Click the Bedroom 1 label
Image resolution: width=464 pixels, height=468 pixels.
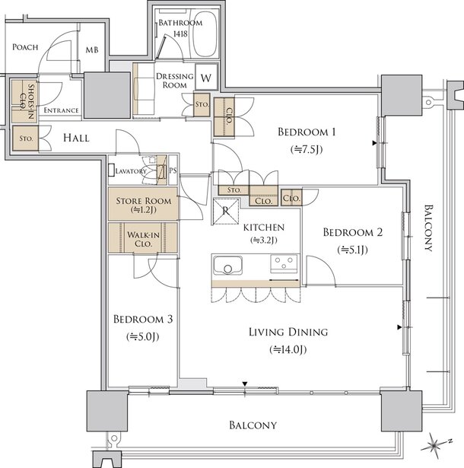point(307,132)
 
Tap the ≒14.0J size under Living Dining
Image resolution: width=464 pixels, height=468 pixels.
point(288,349)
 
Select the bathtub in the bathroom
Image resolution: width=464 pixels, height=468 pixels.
point(205,33)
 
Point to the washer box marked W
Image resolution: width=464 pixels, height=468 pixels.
point(206,77)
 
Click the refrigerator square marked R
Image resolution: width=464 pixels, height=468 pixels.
point(226,212)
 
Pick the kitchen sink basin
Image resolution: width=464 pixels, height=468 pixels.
point(227,265)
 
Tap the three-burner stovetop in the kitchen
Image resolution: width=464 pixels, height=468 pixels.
point(284,263)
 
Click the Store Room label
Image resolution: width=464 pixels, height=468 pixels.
point(144,201)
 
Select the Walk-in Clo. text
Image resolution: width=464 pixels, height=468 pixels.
point(143,239)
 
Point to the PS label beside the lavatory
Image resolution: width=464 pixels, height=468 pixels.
point(173,170)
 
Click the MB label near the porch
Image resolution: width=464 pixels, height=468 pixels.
point(92,50)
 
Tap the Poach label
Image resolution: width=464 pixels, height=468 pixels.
point(25,47)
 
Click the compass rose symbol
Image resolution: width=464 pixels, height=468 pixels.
point(434,445)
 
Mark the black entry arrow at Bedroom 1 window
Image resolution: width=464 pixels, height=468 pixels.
point(374,143)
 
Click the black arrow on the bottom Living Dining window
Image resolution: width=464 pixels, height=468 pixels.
point(245,384)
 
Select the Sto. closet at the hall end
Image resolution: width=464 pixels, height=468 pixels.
point(26,138)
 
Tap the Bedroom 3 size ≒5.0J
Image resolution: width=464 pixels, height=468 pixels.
point(143,336)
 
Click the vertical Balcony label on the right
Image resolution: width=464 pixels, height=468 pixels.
point(428,228)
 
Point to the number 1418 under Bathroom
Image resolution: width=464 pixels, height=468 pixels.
point(180,33)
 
